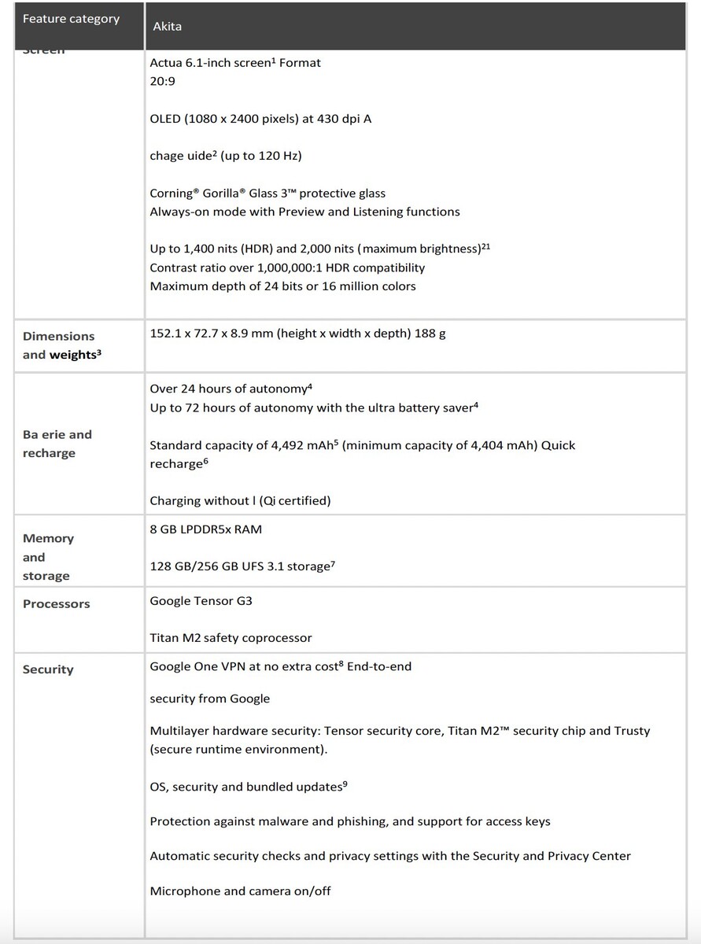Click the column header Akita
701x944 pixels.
point(168,26)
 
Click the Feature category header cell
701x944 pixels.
point(71,18)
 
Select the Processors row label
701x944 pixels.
point(56,604)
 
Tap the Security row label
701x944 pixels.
point(48,669)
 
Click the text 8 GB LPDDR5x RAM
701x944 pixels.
point(205,529)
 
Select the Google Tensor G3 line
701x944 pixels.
point(201,601)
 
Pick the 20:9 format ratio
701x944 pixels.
point(163,80)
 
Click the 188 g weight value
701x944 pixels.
point(430,334)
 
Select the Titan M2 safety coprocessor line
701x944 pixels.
point(231,638)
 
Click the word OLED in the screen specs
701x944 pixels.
point(164,119)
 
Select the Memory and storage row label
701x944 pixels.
point(47,557)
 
